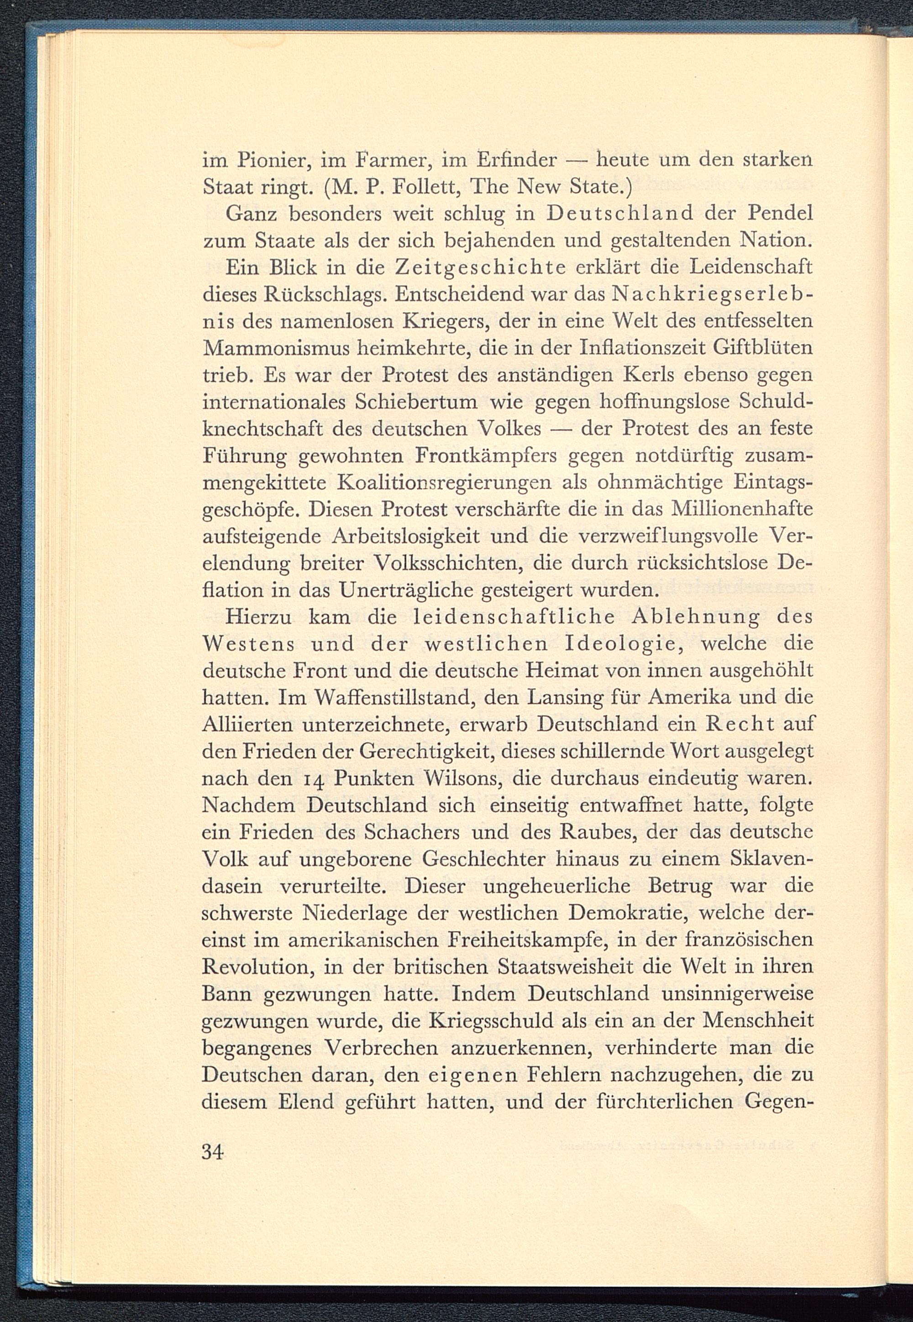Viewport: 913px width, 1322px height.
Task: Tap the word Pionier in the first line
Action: (273, 160)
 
